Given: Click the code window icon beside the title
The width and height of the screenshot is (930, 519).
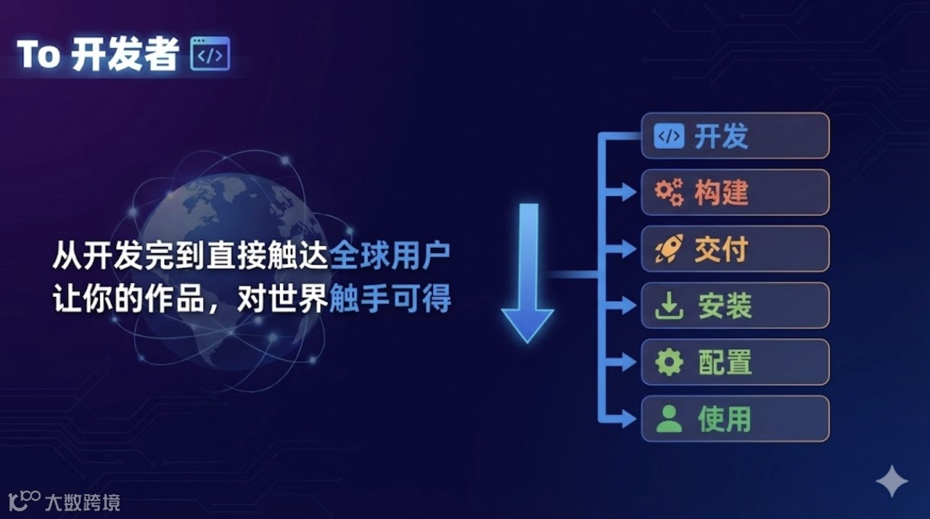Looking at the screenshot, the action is [x=210, y=54].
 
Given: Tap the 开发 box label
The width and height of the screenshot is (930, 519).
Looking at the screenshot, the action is [x=722, y=136].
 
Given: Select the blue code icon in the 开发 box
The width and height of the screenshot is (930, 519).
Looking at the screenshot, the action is [x=669, y=136].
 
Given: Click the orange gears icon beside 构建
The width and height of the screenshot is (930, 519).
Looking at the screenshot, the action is [x=669, y=193].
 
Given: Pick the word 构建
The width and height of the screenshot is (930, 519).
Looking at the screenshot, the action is [x=722, y=193].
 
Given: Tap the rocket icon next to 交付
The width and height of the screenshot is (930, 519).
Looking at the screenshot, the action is [x=669, y=250].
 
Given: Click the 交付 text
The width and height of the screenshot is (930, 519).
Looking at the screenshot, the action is [x=722, y=250].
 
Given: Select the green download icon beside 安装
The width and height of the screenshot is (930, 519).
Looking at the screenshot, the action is [x=669, y=306].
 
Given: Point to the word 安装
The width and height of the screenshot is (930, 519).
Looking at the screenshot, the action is [x=724, y=306].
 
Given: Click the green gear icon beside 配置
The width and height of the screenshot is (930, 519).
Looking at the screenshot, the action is [x=669, y=362].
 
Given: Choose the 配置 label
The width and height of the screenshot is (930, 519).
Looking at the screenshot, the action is [x=724, y=362].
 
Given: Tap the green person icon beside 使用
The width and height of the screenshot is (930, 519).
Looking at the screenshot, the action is [x=669, y=419].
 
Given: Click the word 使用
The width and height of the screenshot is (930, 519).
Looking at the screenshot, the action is [x=724, y=419].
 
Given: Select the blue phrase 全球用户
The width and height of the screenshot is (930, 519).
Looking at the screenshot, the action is [x=391, y=256].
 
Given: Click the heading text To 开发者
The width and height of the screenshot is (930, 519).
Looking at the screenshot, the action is [x=97, y=54].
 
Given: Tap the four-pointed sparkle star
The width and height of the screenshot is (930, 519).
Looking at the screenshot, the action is [x=891, y=482].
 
